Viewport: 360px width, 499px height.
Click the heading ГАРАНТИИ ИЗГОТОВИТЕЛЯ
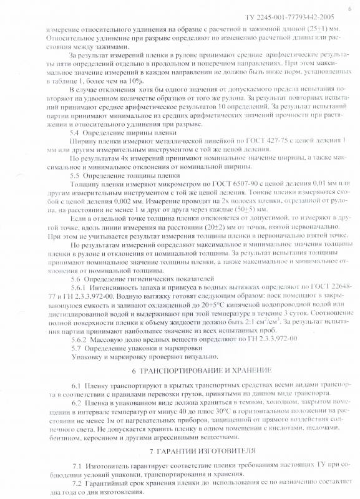[x=185, y=450]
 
